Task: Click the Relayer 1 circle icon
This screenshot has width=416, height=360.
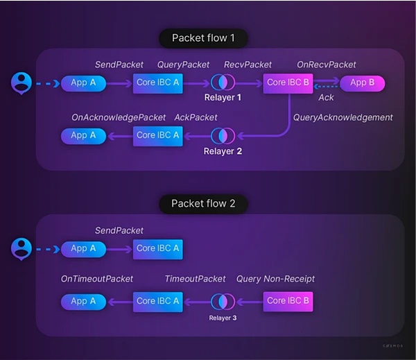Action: click(223, 83)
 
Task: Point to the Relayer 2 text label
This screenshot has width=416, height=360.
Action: click(223, 151)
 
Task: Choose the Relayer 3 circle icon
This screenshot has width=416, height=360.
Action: click(223, 301)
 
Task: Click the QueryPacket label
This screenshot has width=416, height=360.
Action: click(184, 65)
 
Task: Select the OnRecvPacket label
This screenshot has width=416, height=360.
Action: click(327, 65)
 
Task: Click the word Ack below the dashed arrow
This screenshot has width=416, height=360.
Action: click(326, 98)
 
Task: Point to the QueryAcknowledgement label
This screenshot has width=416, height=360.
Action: click(343, 117)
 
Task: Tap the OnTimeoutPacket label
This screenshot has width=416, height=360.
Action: click(97, 279)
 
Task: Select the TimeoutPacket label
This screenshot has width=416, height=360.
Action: click(195, 279)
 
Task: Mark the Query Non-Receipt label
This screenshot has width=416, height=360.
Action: click(275, 279)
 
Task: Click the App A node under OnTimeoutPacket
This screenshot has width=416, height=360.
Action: click(84, 301)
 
